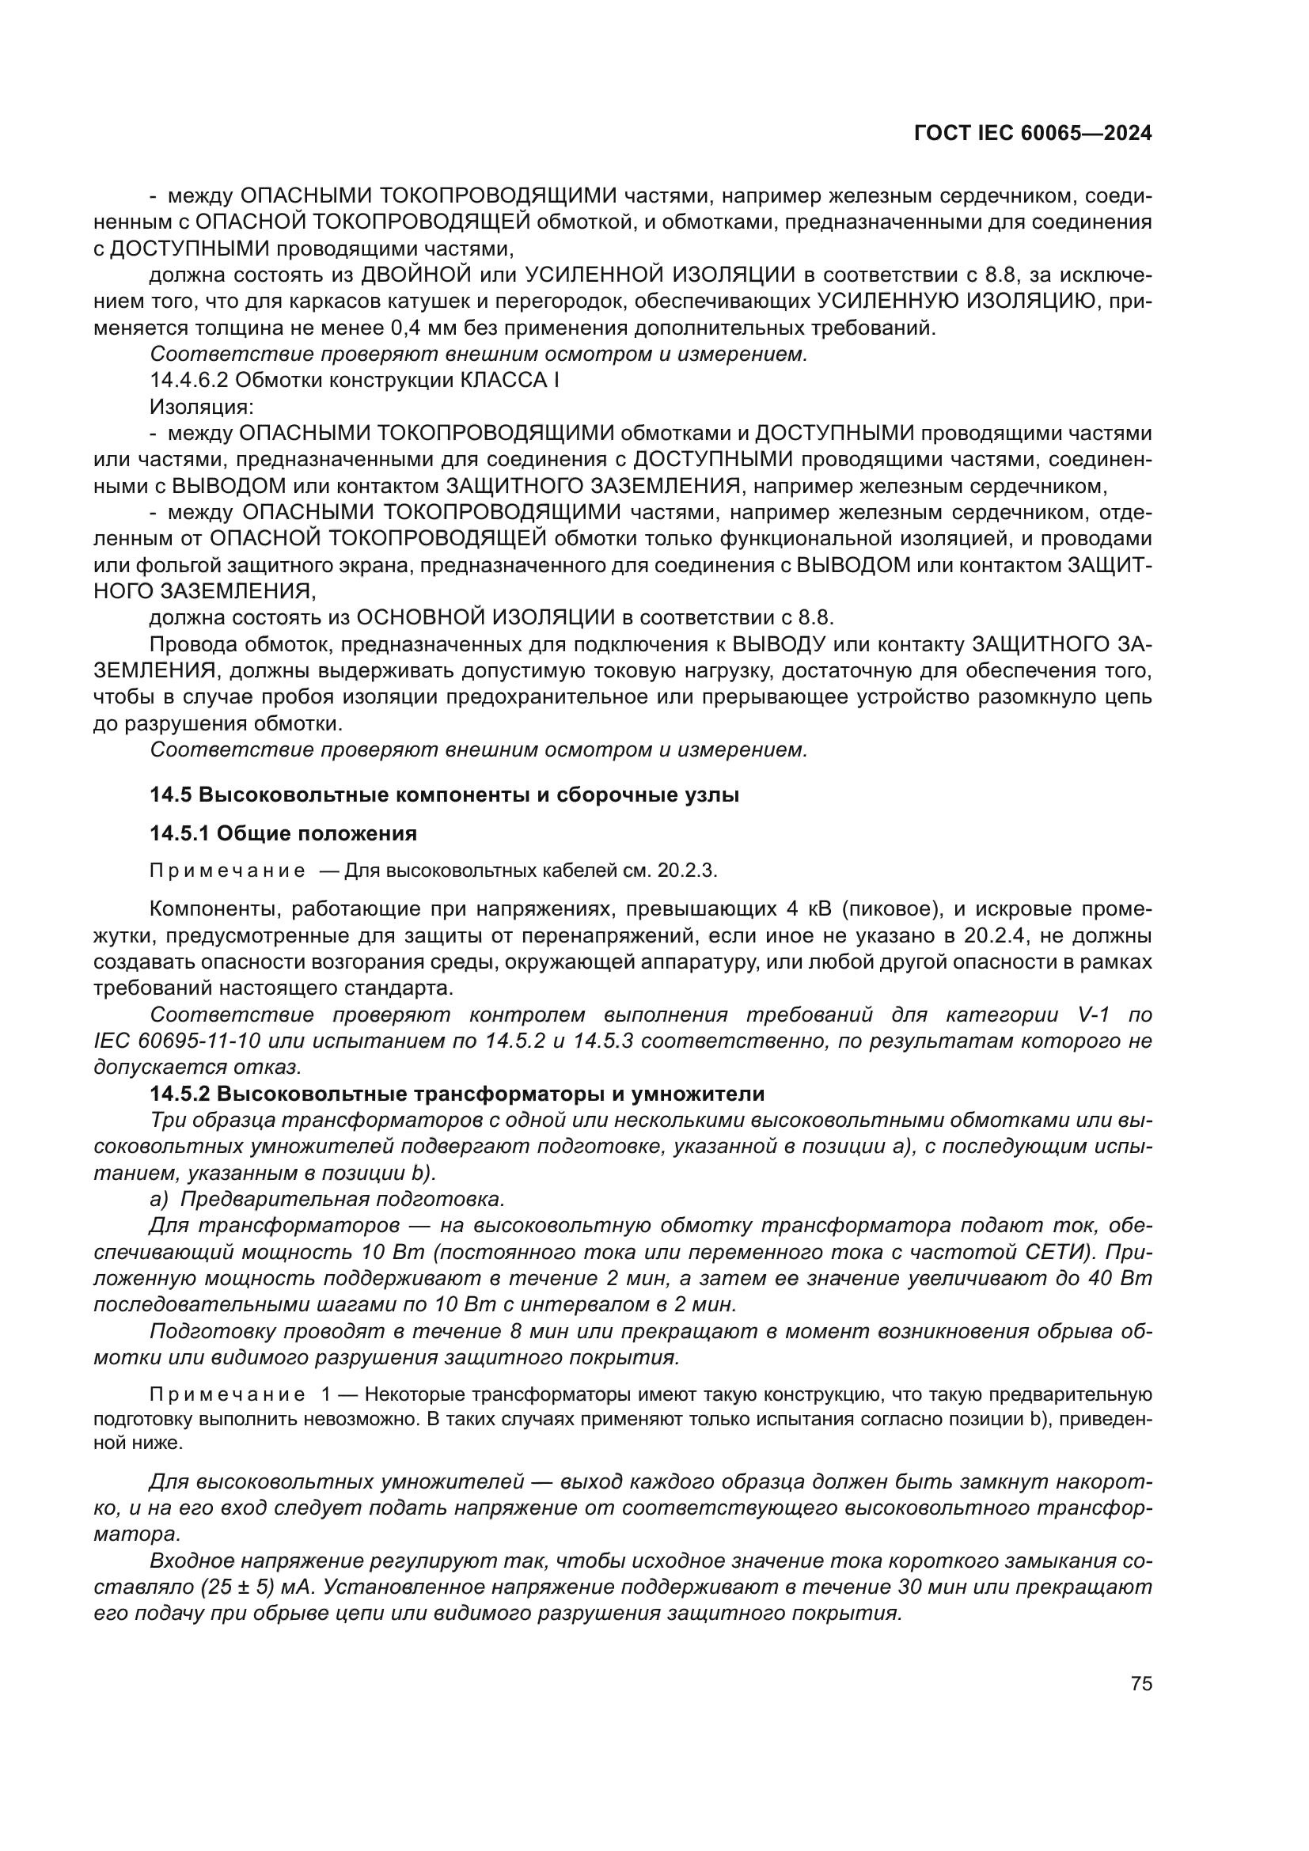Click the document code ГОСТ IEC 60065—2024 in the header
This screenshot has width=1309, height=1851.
(1033, 134)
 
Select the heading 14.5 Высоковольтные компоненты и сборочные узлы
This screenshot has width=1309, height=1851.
(444, 795)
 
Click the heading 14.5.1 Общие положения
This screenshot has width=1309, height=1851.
(283, 833)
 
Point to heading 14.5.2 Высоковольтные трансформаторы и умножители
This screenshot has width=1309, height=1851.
(457, 1094)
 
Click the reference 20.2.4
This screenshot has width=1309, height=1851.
(980, 936)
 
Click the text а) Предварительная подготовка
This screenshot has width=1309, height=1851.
(328, 1200)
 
